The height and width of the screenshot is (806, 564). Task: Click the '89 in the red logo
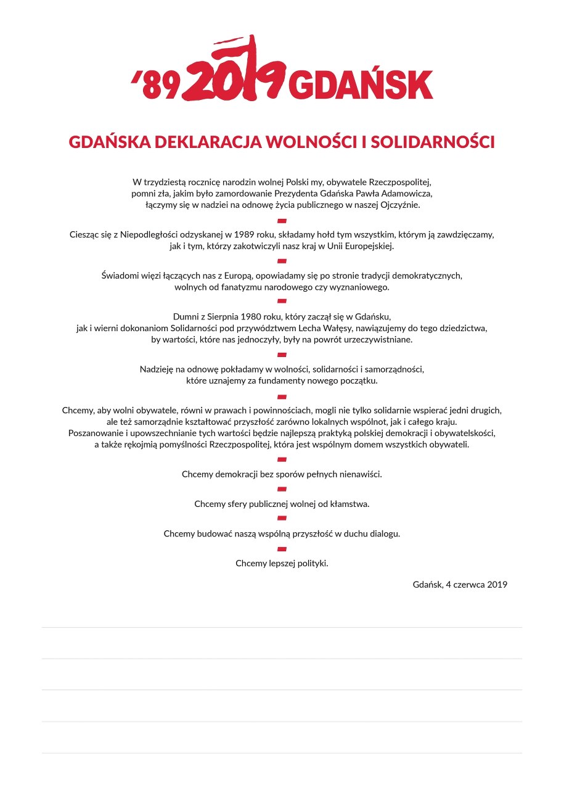coord(157,85)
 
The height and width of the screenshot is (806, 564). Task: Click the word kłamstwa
coord(348,504)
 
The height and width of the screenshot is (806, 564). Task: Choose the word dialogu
coord(382,533)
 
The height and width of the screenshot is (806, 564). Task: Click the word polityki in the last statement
coord(311,563)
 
